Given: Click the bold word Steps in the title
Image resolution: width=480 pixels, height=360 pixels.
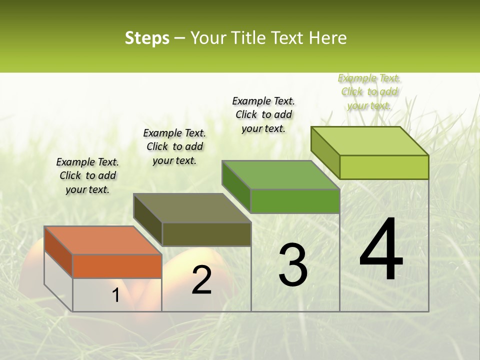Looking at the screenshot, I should pyautogui.click(x=147, y=38).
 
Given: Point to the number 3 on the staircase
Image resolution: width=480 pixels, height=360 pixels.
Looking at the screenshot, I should pyautogui.click(x=293, y=265).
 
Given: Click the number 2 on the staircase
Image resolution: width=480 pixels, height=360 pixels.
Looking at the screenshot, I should pyautogui.click(x=201, y=280).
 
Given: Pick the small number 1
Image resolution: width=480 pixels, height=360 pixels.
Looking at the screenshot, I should pyautogui.click(x=115, y=295).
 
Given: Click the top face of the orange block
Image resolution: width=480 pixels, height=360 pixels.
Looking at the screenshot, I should pyautogui.click(x=103, y=240).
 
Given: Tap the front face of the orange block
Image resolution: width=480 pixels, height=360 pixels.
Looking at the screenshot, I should pyautogui.click(x=117, y=266).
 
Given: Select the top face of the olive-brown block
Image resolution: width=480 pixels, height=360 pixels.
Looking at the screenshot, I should pyautogui.click(x=192, y=208).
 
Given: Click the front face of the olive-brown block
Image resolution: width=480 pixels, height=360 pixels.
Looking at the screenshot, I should pyautogui.click(x=206, y=234).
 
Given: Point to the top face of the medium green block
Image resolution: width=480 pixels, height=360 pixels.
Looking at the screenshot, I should pyautogui.click(x=281, y=175).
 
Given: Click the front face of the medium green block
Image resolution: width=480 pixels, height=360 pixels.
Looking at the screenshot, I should pyautogui.click(x=295, y=201).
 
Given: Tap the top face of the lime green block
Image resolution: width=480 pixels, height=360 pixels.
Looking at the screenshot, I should pyautogui.click(x=370, y=141).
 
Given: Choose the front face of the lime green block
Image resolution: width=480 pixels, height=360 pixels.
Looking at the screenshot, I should pyautogui.click(x=384, y=167).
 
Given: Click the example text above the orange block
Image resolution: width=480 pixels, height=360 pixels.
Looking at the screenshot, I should pyautogui.click(x=87, y=175).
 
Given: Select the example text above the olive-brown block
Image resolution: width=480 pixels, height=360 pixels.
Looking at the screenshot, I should pyautogui.click(x=174, y=146).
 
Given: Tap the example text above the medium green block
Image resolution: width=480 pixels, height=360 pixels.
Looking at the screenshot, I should pyautogui.click(x=263, y=114).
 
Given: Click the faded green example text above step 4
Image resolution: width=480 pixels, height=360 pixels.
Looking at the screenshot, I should pyautogui.click(x=369, y=91).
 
